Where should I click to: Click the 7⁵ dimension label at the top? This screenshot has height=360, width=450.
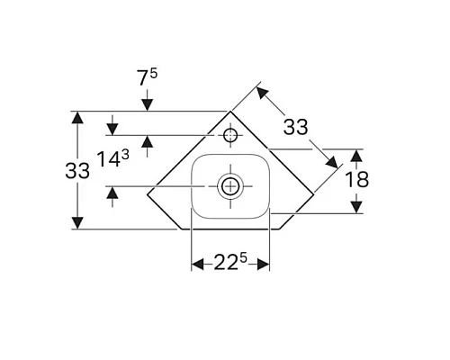point(148,77)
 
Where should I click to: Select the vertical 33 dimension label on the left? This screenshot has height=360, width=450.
point(78,170)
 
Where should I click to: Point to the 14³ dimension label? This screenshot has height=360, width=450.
point(113,160)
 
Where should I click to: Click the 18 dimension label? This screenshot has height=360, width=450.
point(357,180)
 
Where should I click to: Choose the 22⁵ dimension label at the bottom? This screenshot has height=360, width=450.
point(230,263)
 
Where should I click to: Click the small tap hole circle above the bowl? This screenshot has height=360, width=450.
point(230,136)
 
